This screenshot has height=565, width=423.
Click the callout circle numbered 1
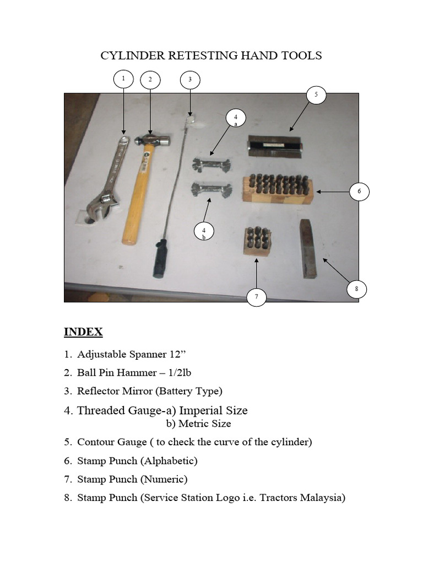tap(123, 79)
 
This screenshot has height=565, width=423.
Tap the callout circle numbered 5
tap(316, 94)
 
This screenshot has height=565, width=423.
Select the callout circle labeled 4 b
tap(204, 232)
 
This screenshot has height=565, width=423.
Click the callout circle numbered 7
tap(256, 297)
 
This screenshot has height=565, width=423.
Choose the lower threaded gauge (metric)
tap(211, 189)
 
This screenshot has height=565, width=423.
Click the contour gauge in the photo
tap(274, 146)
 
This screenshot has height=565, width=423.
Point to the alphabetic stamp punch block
tap(277, 188)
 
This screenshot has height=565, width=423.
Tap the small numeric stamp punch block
tap(257, 241)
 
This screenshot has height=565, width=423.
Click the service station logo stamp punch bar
tap(308, 249)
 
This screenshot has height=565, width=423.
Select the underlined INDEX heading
tap(83, 332)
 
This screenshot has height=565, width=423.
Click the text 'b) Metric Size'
tap(198, 424)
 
